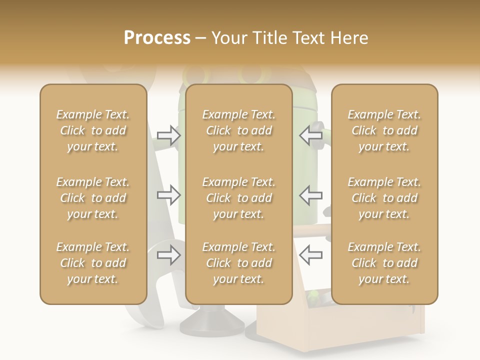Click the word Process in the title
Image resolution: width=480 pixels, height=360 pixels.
pos(157,38)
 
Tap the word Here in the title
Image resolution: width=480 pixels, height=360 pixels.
pos(349,38)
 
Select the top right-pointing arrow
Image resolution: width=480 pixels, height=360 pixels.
pos(168,135)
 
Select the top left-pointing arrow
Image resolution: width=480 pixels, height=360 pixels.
pos(310,135)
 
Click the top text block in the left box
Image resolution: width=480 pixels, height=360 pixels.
pos(93,130)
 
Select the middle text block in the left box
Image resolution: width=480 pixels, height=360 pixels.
pos(93,198)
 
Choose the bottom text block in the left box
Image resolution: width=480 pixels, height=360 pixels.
pos(93,263)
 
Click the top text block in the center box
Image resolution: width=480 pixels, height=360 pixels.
pos(238,130)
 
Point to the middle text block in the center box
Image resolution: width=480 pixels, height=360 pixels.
pos(238,198)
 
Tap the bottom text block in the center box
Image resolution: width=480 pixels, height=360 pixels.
pos(238,263)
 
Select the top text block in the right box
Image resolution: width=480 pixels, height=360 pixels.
pos(384,130)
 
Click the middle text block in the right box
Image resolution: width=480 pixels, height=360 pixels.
pos(384,198)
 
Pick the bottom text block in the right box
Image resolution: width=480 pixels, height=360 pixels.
pos(384,263)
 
